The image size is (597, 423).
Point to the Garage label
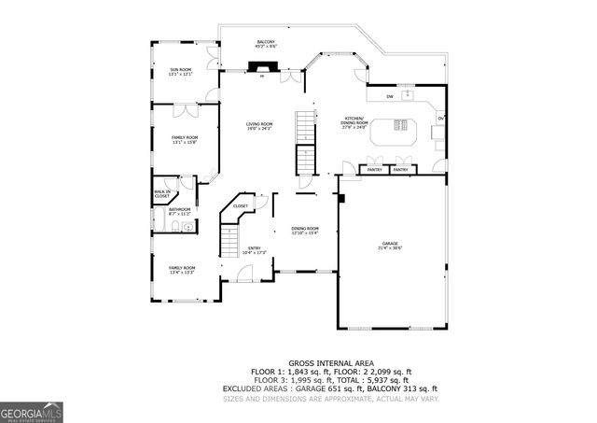coord(389,246)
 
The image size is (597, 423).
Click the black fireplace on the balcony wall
coord(262,67)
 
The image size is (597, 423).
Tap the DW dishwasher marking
coord(390,96)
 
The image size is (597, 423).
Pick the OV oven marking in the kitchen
coord(441,119)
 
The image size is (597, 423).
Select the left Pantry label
coord(374,170)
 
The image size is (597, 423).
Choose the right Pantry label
coord(400,170)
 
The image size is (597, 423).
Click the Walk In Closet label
coord(161,195)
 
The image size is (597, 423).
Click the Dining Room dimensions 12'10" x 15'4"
coord(305,233)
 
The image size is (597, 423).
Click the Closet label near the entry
coord(241,205)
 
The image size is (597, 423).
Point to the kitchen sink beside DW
coord(408,94)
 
